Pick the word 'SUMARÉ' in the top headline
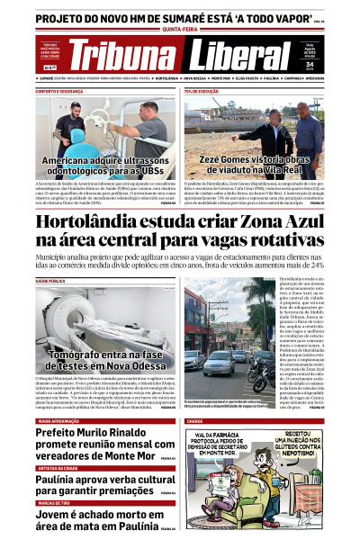[x=197, y=15]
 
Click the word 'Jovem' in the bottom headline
[x=55, y=514]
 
